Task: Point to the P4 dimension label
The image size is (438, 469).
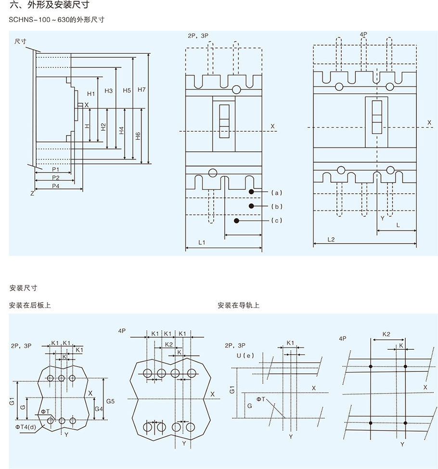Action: [x=56, y=185]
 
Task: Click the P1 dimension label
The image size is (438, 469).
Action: [x=55, y=170]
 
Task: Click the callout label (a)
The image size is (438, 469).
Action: [x=277, y=193]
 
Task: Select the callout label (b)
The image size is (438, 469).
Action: [x=277, y=207]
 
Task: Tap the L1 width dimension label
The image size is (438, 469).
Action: [x=202, y=243]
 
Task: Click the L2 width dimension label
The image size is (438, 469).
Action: [x=331, y=239]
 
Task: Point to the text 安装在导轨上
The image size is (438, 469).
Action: [x=238, y=305]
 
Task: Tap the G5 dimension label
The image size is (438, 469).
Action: [x=110, y=401]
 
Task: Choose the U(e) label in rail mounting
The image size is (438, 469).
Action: [x=245, y=356]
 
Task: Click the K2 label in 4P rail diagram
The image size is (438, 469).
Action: [x=386, y=333]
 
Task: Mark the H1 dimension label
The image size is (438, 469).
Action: [x=91, y=94]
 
